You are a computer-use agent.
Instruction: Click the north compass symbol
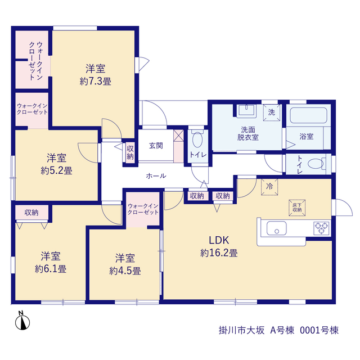coord(22,321)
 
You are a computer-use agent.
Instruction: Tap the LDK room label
coord(219,240)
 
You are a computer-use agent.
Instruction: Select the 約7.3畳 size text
coord(96,82)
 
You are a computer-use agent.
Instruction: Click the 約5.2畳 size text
coord(56,170)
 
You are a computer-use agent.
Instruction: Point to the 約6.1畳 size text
coord(51,269)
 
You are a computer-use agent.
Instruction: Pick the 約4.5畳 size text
coord(125,271)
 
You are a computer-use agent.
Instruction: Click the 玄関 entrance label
coord(156,146)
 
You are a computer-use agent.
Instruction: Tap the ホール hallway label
coord(156,176)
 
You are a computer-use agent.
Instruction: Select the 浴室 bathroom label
coord(306,136)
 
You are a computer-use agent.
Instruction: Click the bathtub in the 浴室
coord(308,115)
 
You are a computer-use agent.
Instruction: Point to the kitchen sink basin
coord(276,228)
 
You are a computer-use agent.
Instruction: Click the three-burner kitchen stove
coord(321,228)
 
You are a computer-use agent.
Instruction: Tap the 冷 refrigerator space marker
coord(269,186)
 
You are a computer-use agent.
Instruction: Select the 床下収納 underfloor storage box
coord(297,208)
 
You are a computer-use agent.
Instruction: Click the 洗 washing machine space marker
coord(272,112)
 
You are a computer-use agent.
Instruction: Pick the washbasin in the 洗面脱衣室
coord(246,110)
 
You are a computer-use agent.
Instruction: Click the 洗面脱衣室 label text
coord(248,133)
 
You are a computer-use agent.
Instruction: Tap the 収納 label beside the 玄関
coord(130,152)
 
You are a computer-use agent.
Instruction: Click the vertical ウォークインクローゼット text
coord(36,61)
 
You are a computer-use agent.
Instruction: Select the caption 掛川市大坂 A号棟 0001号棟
coord(279,330)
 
